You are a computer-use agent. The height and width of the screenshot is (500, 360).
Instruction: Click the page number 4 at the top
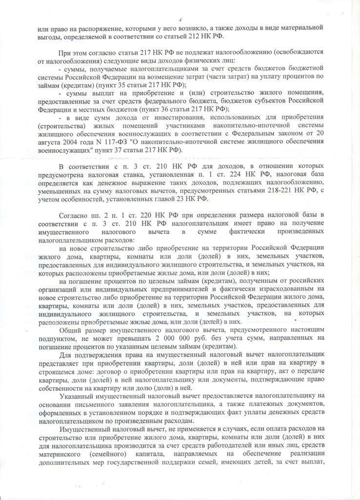(x=180, y=20)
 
